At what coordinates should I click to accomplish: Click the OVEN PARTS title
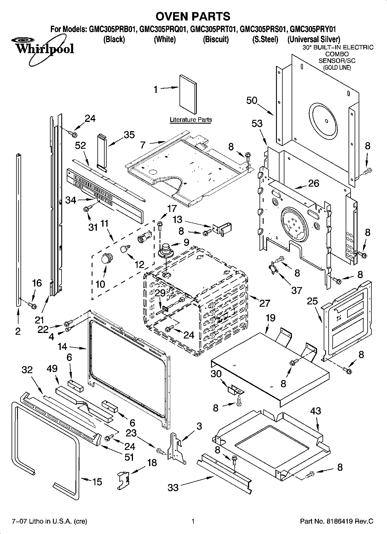click(193, 16)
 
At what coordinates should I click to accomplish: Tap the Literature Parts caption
click(191, 120)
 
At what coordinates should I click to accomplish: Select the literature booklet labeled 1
click(188, 94)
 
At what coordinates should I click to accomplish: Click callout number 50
click(252, 101)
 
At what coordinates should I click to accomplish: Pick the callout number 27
click(264, 303)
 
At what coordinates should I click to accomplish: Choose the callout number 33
click(173, 488)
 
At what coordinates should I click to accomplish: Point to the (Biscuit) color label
click(216, 39)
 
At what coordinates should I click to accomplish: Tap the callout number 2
click(18, 331)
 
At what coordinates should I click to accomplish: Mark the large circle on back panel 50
click(323, 120)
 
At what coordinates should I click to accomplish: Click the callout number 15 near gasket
click(97, 482)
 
